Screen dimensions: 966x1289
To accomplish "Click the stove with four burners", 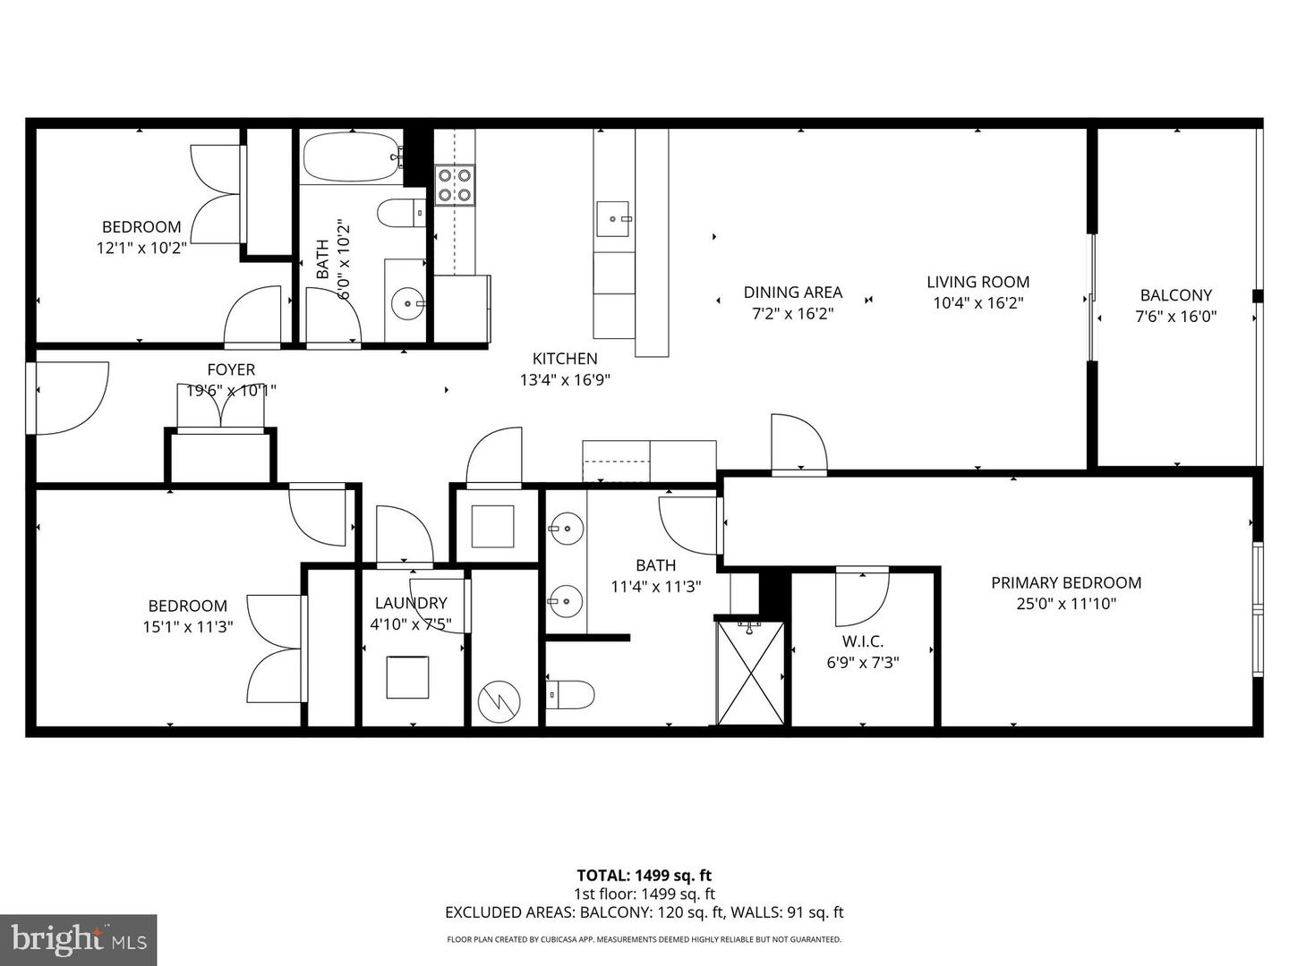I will click(x=455, y=185).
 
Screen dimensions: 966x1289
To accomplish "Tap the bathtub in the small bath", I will click(x=350, y=157).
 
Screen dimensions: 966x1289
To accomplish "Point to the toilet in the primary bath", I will click(x=571, y=694).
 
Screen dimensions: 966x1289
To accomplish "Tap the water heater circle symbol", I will click(x=498, y=701).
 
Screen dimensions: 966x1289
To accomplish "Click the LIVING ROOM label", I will click(x=977, y=282).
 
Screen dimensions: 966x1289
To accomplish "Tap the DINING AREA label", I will click(x=792, y=292).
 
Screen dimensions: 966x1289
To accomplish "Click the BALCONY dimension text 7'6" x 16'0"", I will click(x=1175, y=316).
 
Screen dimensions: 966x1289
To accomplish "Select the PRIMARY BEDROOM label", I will click(x=1065, y=582).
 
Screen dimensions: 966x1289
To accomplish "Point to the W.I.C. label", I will click(x=862, y=641).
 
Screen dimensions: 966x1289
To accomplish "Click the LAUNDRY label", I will click(x=410, y=603).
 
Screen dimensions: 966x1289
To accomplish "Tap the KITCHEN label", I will click(x=565, y=359).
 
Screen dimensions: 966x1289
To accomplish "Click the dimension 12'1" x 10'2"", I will click(x=141, y=248).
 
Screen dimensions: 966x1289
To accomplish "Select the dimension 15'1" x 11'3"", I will click(x=187, y=627).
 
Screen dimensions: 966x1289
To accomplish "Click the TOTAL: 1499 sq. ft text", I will click(x=644, y=876).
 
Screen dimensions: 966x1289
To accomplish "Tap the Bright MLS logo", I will click(x=79, y=939).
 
